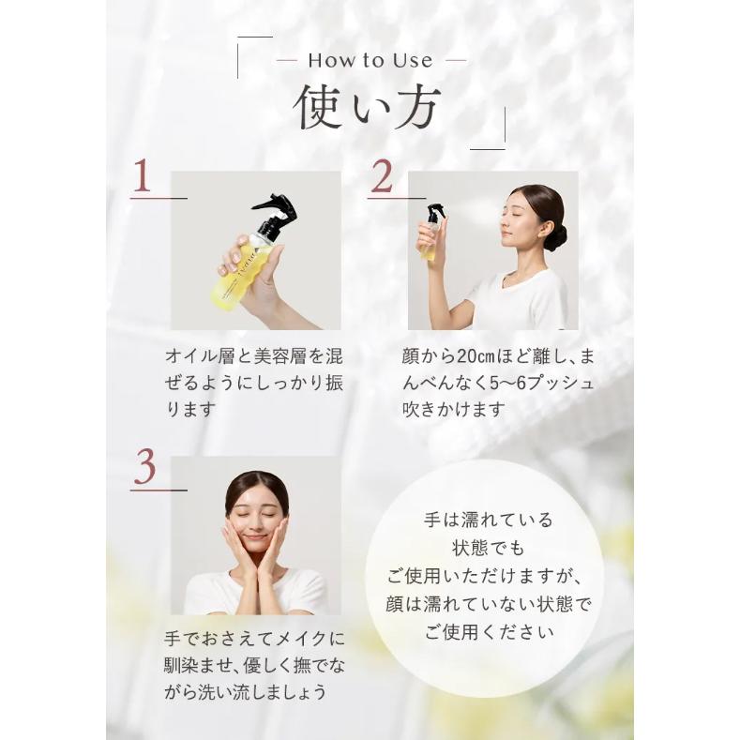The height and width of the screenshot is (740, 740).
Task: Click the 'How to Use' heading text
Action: (x=370, y=61)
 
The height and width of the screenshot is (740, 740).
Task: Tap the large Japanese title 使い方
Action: (x=367, y=107)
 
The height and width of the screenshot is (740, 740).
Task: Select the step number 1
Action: (x=142, y=175)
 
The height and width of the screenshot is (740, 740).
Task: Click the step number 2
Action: (x=382, y=176)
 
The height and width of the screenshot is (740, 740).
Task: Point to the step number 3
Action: (x=144, y=467)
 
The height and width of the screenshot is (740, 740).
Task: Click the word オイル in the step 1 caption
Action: (x=191, y=356)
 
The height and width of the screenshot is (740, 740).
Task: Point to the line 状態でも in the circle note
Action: (x=488, y=549)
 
